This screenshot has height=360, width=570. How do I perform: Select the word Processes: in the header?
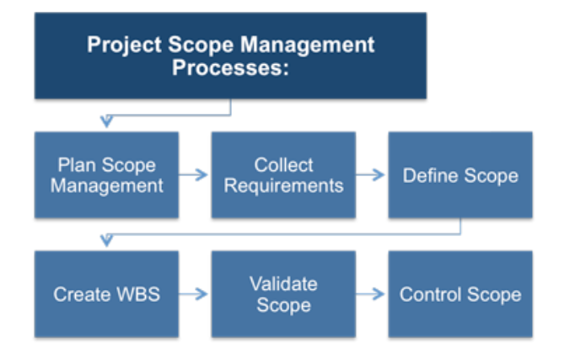(230, 68)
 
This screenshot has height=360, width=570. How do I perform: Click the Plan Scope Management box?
(106, 175)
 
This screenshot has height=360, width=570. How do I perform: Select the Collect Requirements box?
(283, 175)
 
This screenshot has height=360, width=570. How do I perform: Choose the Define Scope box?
(460, 175)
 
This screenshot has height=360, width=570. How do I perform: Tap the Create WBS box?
(106, 294)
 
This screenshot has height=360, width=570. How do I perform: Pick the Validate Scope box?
(283, 294)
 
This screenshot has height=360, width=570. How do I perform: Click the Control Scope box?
(460, 294)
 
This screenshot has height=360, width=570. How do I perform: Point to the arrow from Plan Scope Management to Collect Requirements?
(195, 175)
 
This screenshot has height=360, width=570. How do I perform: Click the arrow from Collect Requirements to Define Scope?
(371, 175)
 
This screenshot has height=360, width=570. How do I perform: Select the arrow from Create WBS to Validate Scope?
(195, 294)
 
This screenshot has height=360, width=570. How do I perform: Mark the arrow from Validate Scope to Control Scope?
(371, 294)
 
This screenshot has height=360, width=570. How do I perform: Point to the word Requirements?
(283, 185)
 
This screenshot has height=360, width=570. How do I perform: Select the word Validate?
(283, 283)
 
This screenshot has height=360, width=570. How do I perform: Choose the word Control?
(428, 294)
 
